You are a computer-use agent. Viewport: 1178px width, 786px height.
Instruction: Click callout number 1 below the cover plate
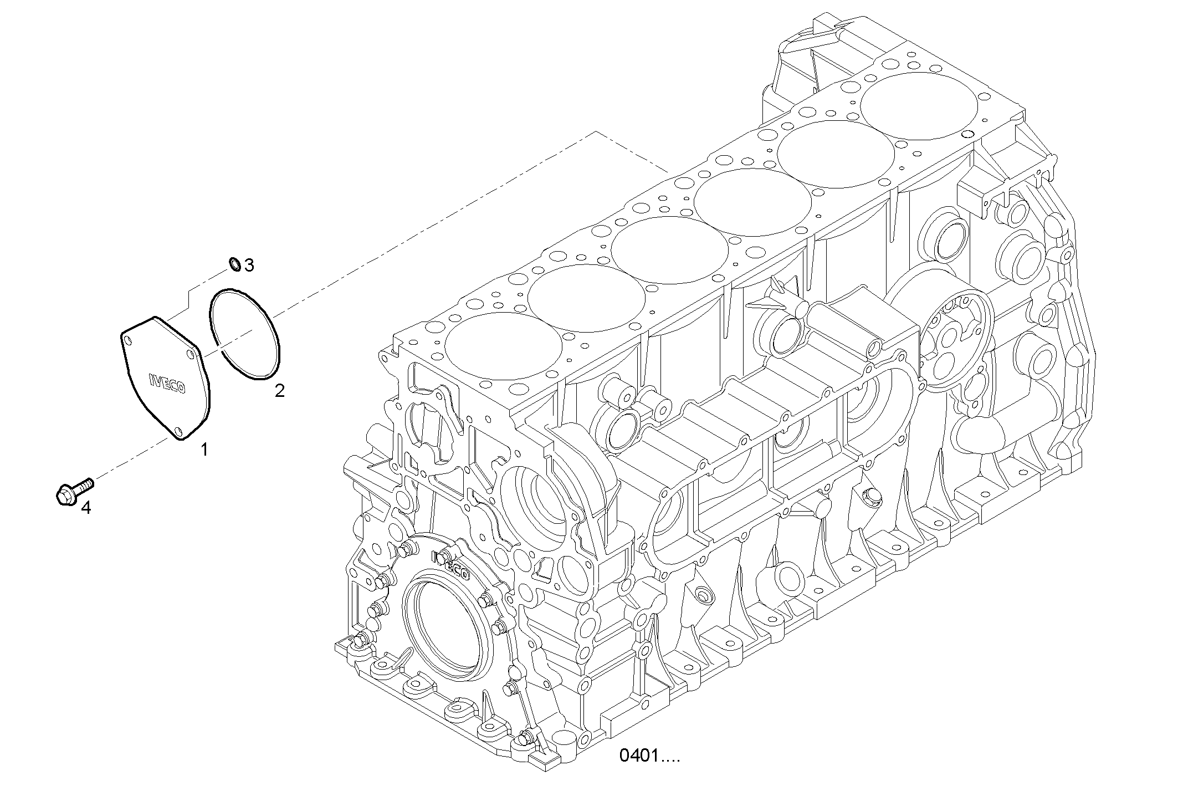pyautogui.click(x=204, y=450)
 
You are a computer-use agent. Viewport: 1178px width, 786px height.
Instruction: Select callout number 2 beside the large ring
pyautogui.click(x=280, y=391)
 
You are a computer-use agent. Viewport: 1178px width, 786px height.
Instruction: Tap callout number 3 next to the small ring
pyautogui.click(x=249, y=266)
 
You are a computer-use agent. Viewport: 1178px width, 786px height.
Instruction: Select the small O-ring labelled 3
pyautogui.click(x=235, y=264)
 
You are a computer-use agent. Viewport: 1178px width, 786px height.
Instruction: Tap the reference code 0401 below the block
pyautogui.click(x=649, y=756)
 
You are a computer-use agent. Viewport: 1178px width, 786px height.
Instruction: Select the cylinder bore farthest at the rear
pyautogui.click(x=919, y=106)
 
